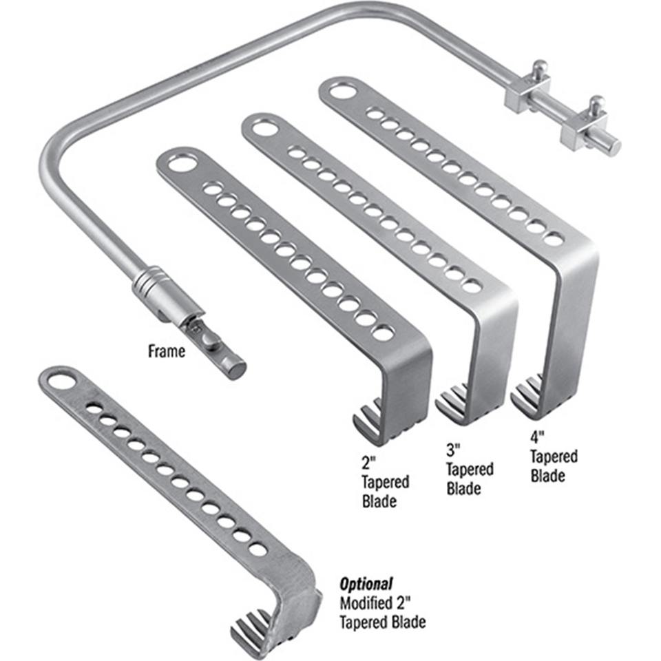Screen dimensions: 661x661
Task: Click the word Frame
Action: pos(167,352)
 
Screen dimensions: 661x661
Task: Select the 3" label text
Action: pos(453,452)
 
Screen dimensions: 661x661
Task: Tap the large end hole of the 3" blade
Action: pos(263,127)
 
